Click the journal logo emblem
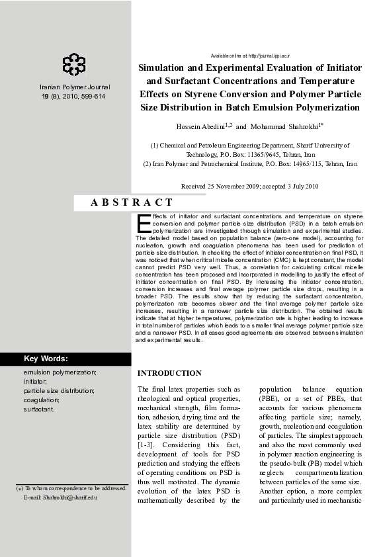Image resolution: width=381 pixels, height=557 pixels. (74, 64)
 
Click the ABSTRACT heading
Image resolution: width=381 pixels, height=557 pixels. (132, 202)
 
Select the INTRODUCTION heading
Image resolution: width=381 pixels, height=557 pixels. (169, 373)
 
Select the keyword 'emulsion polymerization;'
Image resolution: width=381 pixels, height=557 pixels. (60, 372)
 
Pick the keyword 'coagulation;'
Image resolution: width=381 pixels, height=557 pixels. (42, 400)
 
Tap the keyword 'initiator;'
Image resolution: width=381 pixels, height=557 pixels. (36, 382)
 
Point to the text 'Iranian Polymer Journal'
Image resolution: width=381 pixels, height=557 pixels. (75, 87)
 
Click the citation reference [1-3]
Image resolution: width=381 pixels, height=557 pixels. (146, 445)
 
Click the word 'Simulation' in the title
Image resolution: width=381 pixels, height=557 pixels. (168, 67)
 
